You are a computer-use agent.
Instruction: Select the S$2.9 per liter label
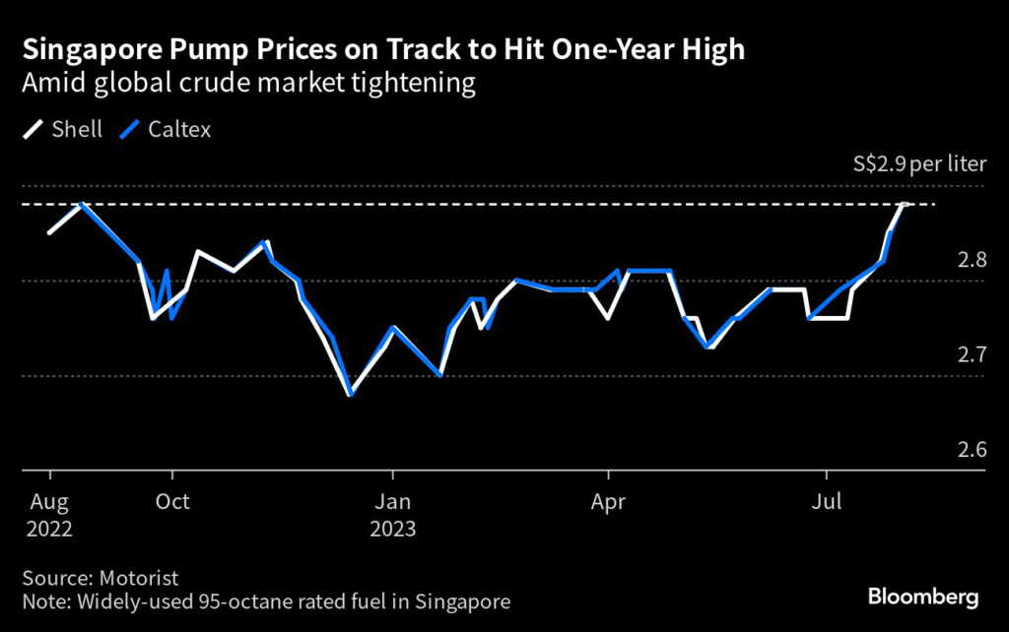pos(918,163)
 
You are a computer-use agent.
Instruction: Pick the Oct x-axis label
pos(173,501)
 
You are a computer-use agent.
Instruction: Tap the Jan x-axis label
pos(392,501)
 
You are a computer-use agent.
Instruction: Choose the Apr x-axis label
pos(610,501)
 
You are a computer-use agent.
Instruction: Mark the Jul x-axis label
pos(826,501)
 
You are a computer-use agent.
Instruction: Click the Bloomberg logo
pos(922,597)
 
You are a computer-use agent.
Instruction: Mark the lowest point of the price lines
pos(350,395)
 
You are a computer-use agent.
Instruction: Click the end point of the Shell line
pos(904,204)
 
